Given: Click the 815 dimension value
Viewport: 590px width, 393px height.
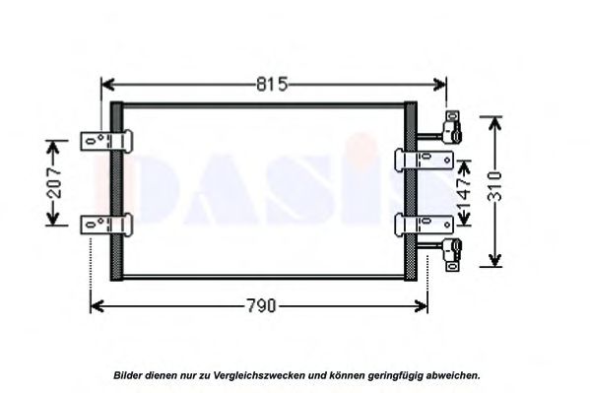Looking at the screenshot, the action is coord(272,85).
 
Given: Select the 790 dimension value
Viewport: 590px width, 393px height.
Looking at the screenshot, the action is coord(261,305).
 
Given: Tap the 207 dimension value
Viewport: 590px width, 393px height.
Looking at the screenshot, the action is coord(55,183).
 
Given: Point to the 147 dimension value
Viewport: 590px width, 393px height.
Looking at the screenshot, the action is coord(464,193).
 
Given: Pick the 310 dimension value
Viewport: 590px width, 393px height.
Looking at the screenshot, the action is coord(494,186).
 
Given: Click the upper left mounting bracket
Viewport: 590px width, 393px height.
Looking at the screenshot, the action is coord(106,141).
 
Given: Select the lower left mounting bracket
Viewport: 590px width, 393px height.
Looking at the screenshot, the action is coord(106,225).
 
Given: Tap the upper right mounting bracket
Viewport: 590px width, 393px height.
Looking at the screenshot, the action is coord(425,160).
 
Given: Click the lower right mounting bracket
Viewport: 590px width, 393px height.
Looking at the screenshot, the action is coord(425,226).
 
